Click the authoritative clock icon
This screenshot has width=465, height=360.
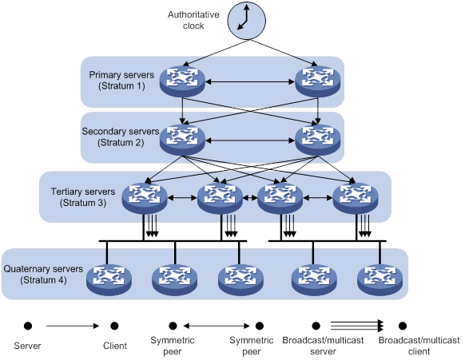tap(246, 21)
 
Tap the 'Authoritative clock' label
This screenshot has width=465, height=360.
tap(193, 20)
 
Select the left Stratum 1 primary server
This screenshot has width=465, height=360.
tap(182, 81)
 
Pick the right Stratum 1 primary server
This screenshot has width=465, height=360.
tap(318, 81)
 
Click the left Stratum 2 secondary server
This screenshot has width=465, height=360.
tap(182, 140)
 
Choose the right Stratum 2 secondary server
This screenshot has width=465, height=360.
tap(318, 140)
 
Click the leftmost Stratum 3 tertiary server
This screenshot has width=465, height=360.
tap(145, 198)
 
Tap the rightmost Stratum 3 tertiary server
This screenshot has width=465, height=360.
tap(356, 198)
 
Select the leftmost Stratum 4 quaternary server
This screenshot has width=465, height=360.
tap(109, 279)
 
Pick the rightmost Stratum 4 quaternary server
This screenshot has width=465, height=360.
tap(380, 279)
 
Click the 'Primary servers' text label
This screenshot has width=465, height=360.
tap(121, 75)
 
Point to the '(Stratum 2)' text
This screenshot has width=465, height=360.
tap(121, 143)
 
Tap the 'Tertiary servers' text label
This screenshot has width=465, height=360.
tap(83, 192)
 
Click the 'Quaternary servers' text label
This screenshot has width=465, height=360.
tap(43, 269)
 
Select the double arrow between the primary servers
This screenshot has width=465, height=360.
tap(250, 81)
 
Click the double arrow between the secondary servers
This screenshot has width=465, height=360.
tap(250, 140)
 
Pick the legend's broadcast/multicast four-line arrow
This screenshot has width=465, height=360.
tap(357, 326)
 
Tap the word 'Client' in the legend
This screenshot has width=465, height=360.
tap(115, 346)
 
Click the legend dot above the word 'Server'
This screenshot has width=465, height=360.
tap(28, 326)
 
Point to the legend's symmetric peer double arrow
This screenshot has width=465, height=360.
tap(217, 326)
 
